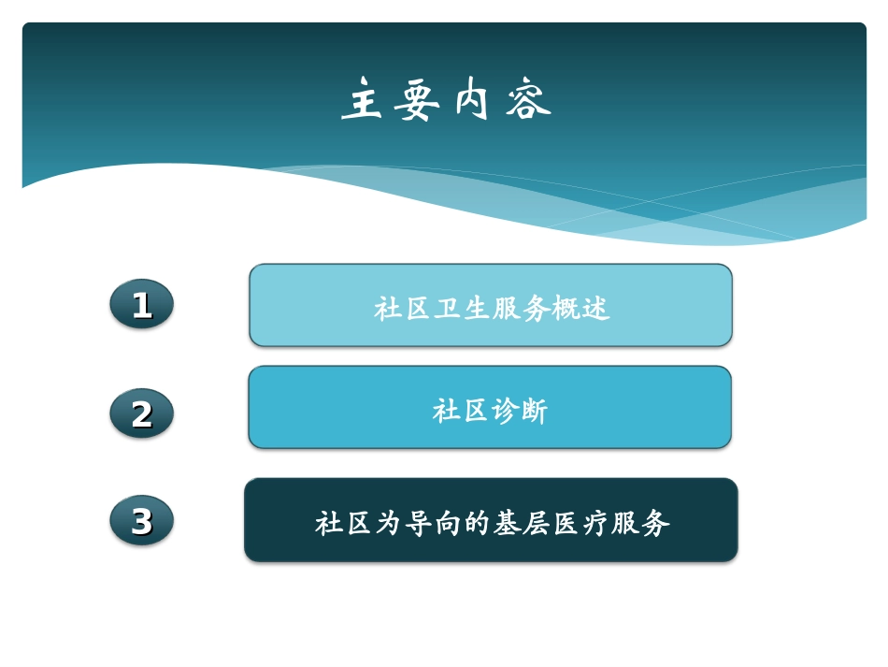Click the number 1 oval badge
[x=141, y=305]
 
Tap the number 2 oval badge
[x=141, y=413]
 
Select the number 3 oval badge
[x=141, y=521]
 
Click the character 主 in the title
[x=363, y=100]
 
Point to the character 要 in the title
[x=417, y=100]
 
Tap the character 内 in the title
[x=473, y=100]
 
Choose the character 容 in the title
[x=529, y=100]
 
